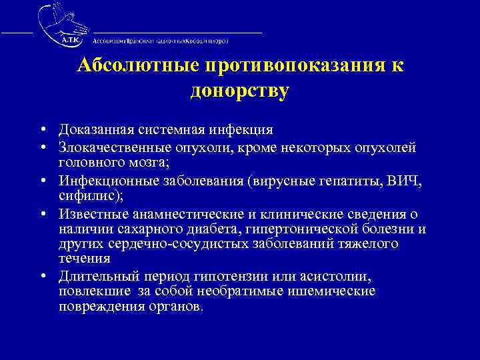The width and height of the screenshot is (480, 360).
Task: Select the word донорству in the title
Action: pyautogui.click(x=239, y=91)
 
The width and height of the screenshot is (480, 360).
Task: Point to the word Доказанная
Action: pyautogui.click(x=98, y=129)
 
